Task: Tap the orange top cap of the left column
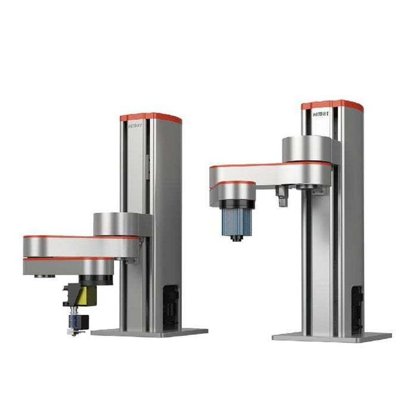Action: click(x=151, y=117)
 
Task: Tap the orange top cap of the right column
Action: click(x=332, y=104)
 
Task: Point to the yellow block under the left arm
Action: click(x=91, y=295)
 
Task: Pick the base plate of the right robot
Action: click(x=331, y=337)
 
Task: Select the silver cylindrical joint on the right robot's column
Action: click(x=307, y=149)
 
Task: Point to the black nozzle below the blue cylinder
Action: click(x=237, y=238)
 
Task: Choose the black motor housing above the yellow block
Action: click(x=95, y=280)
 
